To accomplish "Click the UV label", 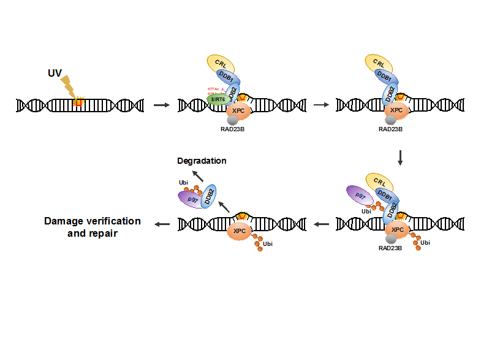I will coord(55,73).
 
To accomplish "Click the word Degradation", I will coord(202,161).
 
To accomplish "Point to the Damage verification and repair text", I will coord(93,227).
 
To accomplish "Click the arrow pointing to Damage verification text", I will coord(162,224).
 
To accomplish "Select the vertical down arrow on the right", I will coord(400,157).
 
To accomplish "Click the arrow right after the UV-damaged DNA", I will coord(161,105).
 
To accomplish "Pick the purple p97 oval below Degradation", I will coord(192,199).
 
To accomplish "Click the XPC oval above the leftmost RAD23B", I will coord(238,111).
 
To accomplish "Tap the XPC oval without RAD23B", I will coord(239,231).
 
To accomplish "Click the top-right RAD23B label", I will coord(390,129).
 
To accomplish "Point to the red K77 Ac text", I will coord(213,89).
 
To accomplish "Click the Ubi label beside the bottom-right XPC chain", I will coord(425,242).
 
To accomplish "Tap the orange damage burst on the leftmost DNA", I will coord(78,102).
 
